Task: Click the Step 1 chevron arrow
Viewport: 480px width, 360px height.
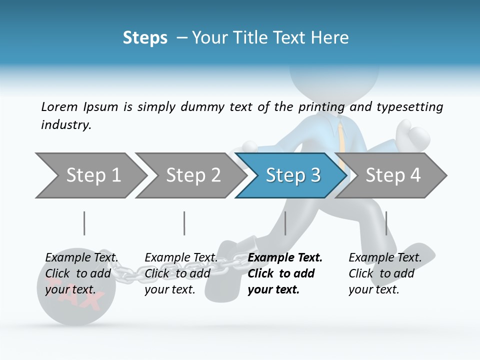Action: point(93,175)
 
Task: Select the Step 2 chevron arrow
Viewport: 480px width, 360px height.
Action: point(193,175)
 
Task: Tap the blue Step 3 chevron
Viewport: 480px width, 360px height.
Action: point(293,175)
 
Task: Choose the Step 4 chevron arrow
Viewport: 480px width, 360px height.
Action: point(393,175)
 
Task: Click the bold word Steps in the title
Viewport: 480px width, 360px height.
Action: point(145,38)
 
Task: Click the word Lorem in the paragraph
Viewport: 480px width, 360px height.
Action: point(59,107)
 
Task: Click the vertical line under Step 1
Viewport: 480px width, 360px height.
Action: point(84,223)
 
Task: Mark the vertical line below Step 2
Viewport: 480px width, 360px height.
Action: point(184,223)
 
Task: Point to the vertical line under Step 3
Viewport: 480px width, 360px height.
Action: point(285,223)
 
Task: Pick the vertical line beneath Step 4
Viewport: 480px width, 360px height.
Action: point(386,223)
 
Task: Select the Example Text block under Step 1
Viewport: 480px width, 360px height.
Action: point(81,273)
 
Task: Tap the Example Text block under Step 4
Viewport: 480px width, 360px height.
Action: point(385,273)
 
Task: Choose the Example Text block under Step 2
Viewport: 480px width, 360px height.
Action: point(181,273)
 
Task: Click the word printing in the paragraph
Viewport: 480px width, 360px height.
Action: point(321,107)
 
